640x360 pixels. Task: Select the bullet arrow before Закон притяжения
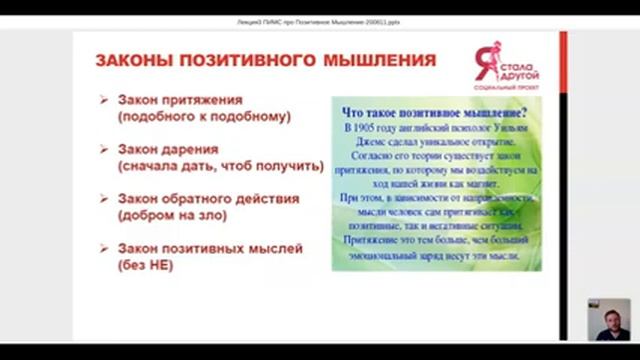105,99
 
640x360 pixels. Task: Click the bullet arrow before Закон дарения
105,149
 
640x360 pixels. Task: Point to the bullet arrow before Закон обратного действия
105,198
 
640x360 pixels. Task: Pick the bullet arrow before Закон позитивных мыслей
105,248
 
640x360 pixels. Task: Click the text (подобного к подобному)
203,116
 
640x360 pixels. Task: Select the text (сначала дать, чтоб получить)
220,166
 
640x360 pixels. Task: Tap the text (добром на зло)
171,215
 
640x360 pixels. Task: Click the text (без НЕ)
146,265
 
